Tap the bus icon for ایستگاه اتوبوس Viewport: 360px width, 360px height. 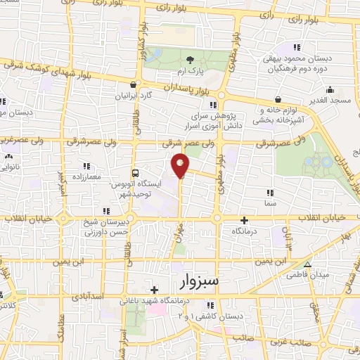click(x=136, y=172)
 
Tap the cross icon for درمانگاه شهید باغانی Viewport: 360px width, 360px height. click(x=154, y=289)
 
